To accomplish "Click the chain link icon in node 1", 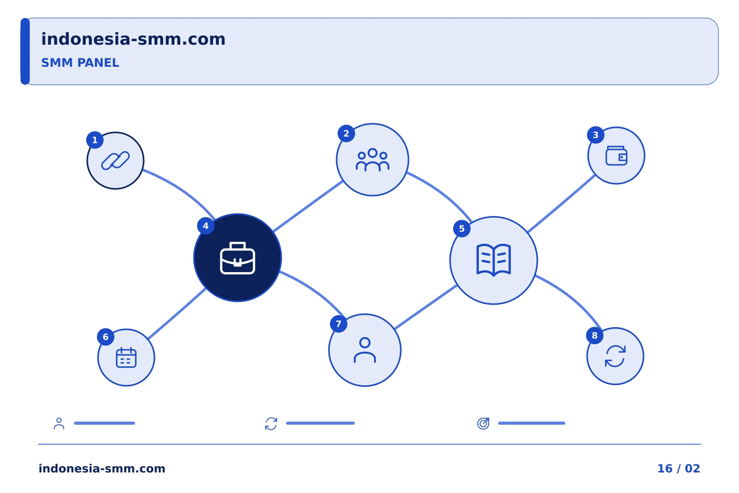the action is (x=115, y=161).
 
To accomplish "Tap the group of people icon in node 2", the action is (x=373, y=160).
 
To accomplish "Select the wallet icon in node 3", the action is (x=616, y=156).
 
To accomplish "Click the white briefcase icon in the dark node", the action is (x=238, y=258).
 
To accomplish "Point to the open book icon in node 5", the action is (x=494, y=260).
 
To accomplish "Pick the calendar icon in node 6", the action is (x=126, y=357).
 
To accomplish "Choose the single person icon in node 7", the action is (x=365, y=350).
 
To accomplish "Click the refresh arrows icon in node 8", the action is (x=615, y=356).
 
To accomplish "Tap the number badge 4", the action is (x=205, y=226).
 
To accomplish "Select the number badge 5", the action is (x=462, y=229).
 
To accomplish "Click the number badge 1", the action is (x=95, y=140).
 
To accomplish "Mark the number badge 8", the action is (x=594, y=335).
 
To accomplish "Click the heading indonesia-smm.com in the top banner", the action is (x=133, y=39).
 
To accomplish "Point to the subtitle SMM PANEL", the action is (x=80, y=63).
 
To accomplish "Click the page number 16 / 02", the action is (x=678, y=468).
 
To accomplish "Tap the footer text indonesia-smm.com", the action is (x=102, y=468).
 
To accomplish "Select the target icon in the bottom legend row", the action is (x=483, y=423).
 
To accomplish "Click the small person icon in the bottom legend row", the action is (x=59, y=423).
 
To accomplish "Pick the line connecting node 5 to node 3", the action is (x=561, y=203).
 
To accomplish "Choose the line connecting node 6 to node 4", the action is (x=177, y=313).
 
